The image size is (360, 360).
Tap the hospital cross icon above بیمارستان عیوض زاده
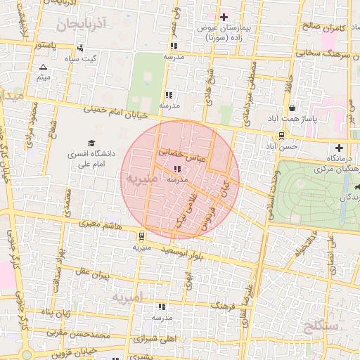point(224,17)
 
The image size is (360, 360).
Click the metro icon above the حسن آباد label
point(281,136)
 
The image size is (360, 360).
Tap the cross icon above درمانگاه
point(340,148)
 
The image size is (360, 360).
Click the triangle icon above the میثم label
point(42,67)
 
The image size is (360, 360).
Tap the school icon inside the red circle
point(176,169)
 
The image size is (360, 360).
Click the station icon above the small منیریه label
point(143,236)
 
